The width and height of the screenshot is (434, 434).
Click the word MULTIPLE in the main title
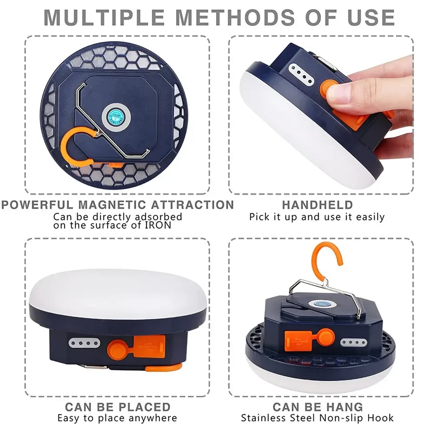[x=104, y=18]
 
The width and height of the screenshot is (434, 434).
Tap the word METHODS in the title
[x=235, y=18]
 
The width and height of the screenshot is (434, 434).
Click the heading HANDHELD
[x=318, y=205]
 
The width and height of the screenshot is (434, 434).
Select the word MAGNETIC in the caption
[x=112, y=205]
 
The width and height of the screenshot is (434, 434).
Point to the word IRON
[x=158, y=225]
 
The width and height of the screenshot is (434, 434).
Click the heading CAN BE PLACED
[x=118, y=407]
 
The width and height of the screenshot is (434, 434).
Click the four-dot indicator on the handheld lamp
[x=302, y=74]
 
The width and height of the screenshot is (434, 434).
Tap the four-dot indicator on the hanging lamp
[x=353, y=342]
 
